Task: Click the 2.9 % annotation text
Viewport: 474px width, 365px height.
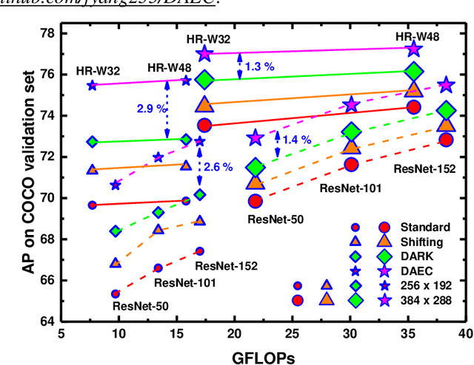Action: (x=152, y=109)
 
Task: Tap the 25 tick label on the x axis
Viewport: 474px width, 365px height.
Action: (x=292, y=334)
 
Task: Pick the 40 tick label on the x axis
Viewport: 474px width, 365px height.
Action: (x=465, y=334)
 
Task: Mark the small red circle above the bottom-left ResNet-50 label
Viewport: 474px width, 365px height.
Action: (x=116, y=294)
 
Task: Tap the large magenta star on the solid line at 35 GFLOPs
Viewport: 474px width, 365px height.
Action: (x=414, y=49)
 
